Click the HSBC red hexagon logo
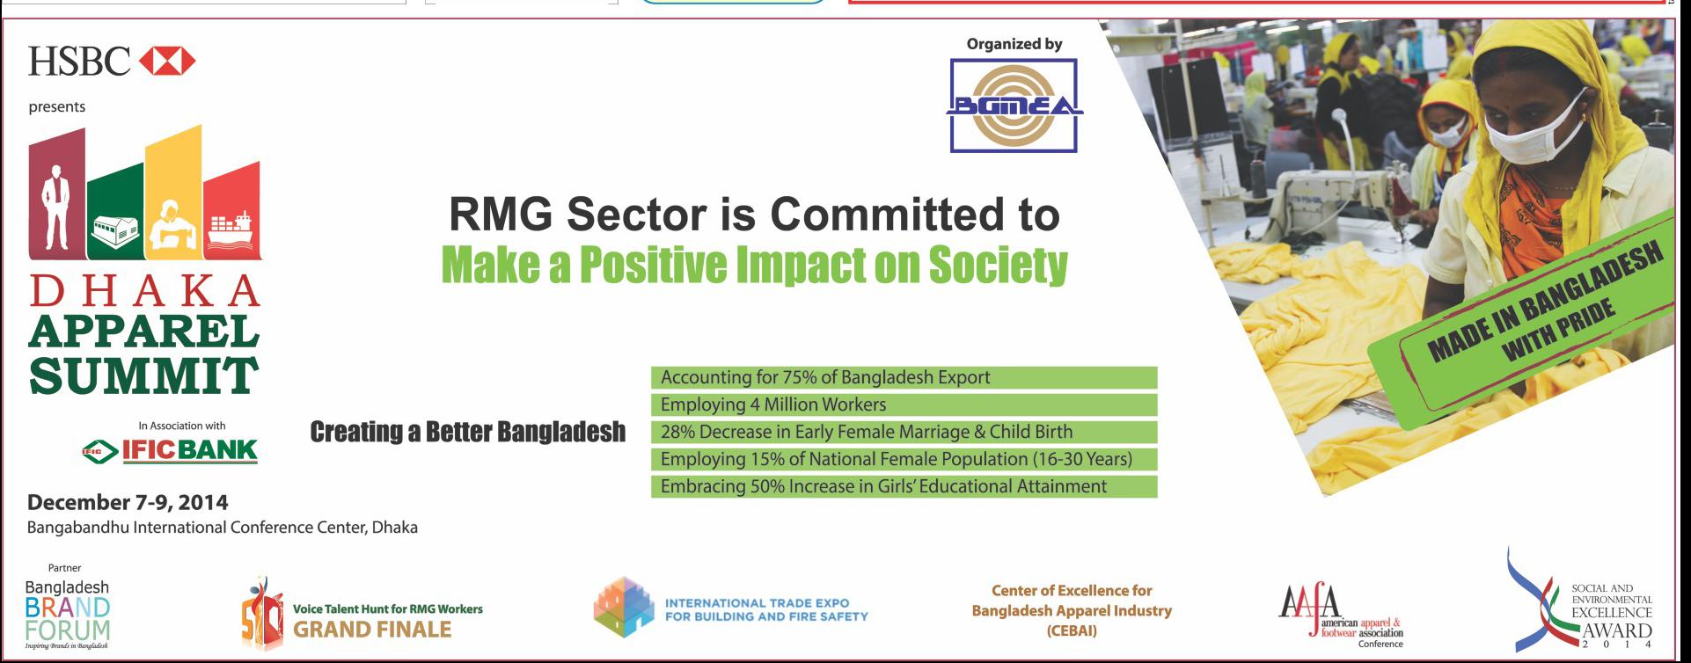(167, 62)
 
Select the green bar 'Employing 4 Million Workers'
(904, 404)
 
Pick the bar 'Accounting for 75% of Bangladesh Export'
(904, 377)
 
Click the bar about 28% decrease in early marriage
(904, 432)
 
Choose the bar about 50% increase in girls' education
(904, 486)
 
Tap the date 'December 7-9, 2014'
(128, 503)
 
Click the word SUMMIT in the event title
(143, 375)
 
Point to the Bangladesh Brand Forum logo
(68, 614)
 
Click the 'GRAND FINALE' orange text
(372, 630)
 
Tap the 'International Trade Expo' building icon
(625, 608)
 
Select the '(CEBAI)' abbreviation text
(1072, 630)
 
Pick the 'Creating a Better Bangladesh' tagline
(468, 432)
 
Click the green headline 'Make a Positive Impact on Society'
(754, 264)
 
